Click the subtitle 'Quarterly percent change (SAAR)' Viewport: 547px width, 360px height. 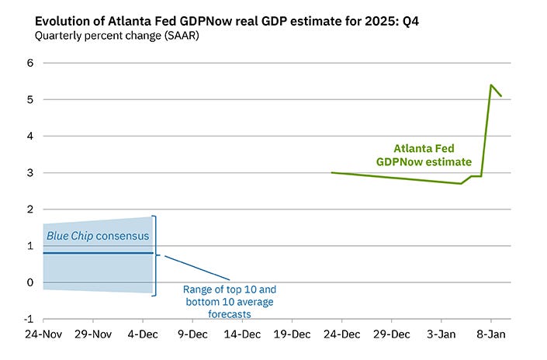[x=116, y=36]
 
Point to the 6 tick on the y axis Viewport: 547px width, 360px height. [x=29, y=63]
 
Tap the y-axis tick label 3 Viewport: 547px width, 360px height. [x=29, y=173]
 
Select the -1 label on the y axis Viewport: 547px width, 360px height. [x=28, y=319]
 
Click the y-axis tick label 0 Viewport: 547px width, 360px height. [x=29, y=282]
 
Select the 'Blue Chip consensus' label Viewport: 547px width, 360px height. [x=98, y=236]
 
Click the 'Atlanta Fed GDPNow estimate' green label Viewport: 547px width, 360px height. [x=424, y=155]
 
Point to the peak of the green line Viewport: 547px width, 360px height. [x=491, y=85]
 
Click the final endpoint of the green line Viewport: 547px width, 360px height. [x=501, y=96]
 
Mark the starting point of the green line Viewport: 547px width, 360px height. [x=332, y=173]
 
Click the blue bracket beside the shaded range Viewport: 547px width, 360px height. [x=156, y=254]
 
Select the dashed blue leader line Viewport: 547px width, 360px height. [x=197, y=267]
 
